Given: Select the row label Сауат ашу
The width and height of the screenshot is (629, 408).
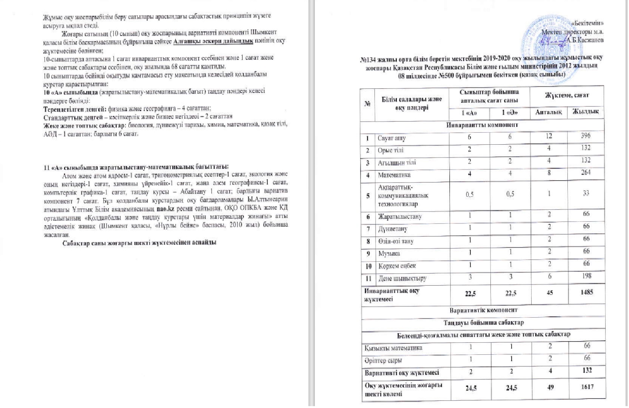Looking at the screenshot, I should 392,138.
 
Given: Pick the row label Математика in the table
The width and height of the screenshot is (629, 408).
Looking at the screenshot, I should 394,175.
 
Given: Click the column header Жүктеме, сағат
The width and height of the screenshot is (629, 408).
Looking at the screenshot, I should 567,96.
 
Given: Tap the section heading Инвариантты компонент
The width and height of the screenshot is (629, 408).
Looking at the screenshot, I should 482,125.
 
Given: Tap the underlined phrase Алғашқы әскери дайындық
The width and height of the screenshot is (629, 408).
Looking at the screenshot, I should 213,41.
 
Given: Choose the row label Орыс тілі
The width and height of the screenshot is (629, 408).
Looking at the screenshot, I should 390,150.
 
